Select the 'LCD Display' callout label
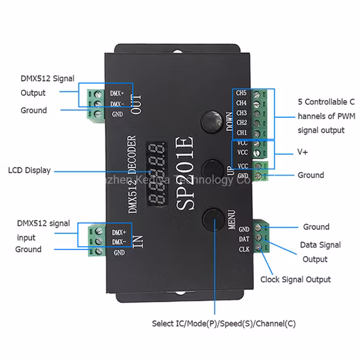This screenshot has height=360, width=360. coord(28,171)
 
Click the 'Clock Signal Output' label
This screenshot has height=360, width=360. coord(295,279)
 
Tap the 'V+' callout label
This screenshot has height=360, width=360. coord(303,152)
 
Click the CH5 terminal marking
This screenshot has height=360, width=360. coord(241,94)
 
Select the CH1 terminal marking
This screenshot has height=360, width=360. coord(241,132)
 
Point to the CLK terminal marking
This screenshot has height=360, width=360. coord(243,249)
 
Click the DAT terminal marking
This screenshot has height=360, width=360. coord(243,240)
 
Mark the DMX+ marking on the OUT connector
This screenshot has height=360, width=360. coord(118,94)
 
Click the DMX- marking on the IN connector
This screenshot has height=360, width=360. coord(118,242)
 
